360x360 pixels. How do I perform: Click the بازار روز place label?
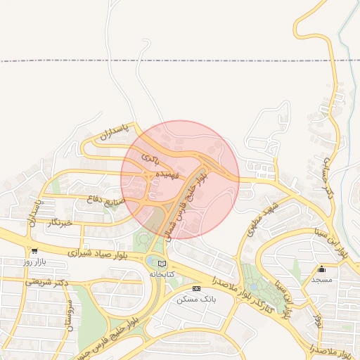tap(34, 262)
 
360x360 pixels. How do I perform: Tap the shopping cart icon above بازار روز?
tap(34, 251)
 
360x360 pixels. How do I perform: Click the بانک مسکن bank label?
tap(195, 299)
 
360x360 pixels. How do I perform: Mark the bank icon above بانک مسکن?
tap(195, 288)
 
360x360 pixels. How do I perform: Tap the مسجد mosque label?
tap(322, 279)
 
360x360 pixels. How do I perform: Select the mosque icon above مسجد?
tap(322, 269)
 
